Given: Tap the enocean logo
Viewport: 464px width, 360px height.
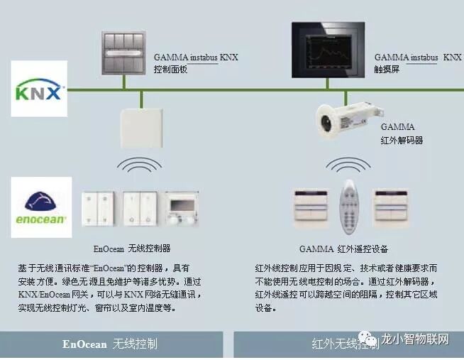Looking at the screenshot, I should click(x=41, y=206).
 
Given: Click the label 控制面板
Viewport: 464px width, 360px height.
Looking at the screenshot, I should click(x=170, y=70).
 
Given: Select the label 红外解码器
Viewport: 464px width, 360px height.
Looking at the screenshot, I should click(x=402, y=140).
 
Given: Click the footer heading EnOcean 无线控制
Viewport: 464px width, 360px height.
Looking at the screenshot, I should click(x=109, y=344).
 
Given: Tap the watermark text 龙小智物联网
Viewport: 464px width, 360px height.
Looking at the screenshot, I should click(x=424, y=339).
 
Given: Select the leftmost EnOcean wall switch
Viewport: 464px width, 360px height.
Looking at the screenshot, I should click(x=99, y=209).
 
